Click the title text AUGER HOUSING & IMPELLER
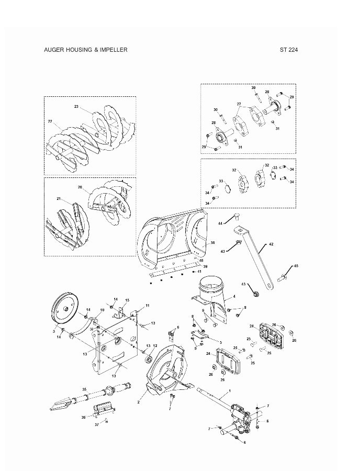pyautogui.click(x=86, y=50)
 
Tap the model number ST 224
pyautogui.click(x=288, y=50)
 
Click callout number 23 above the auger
pyautogui.click(x=76, y=107)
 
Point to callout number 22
pyautogui.click(x=50, y=121)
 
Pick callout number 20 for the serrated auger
pyautogui.click(x=80, y=187)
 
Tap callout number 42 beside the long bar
pyautogui.click(x=271, y=244)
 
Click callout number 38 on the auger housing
pyautogui.click(x=212, y=243)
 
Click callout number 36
pyautogui.click(x=84, y=417)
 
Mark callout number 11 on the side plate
pyautogui.click(x=148, y=305)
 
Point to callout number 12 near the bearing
pyautogui.click(x=155, y=346)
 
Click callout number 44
pyautogui.click(x=220, y=223)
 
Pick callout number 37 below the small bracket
pyautogui.click(x=96, y=424)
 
